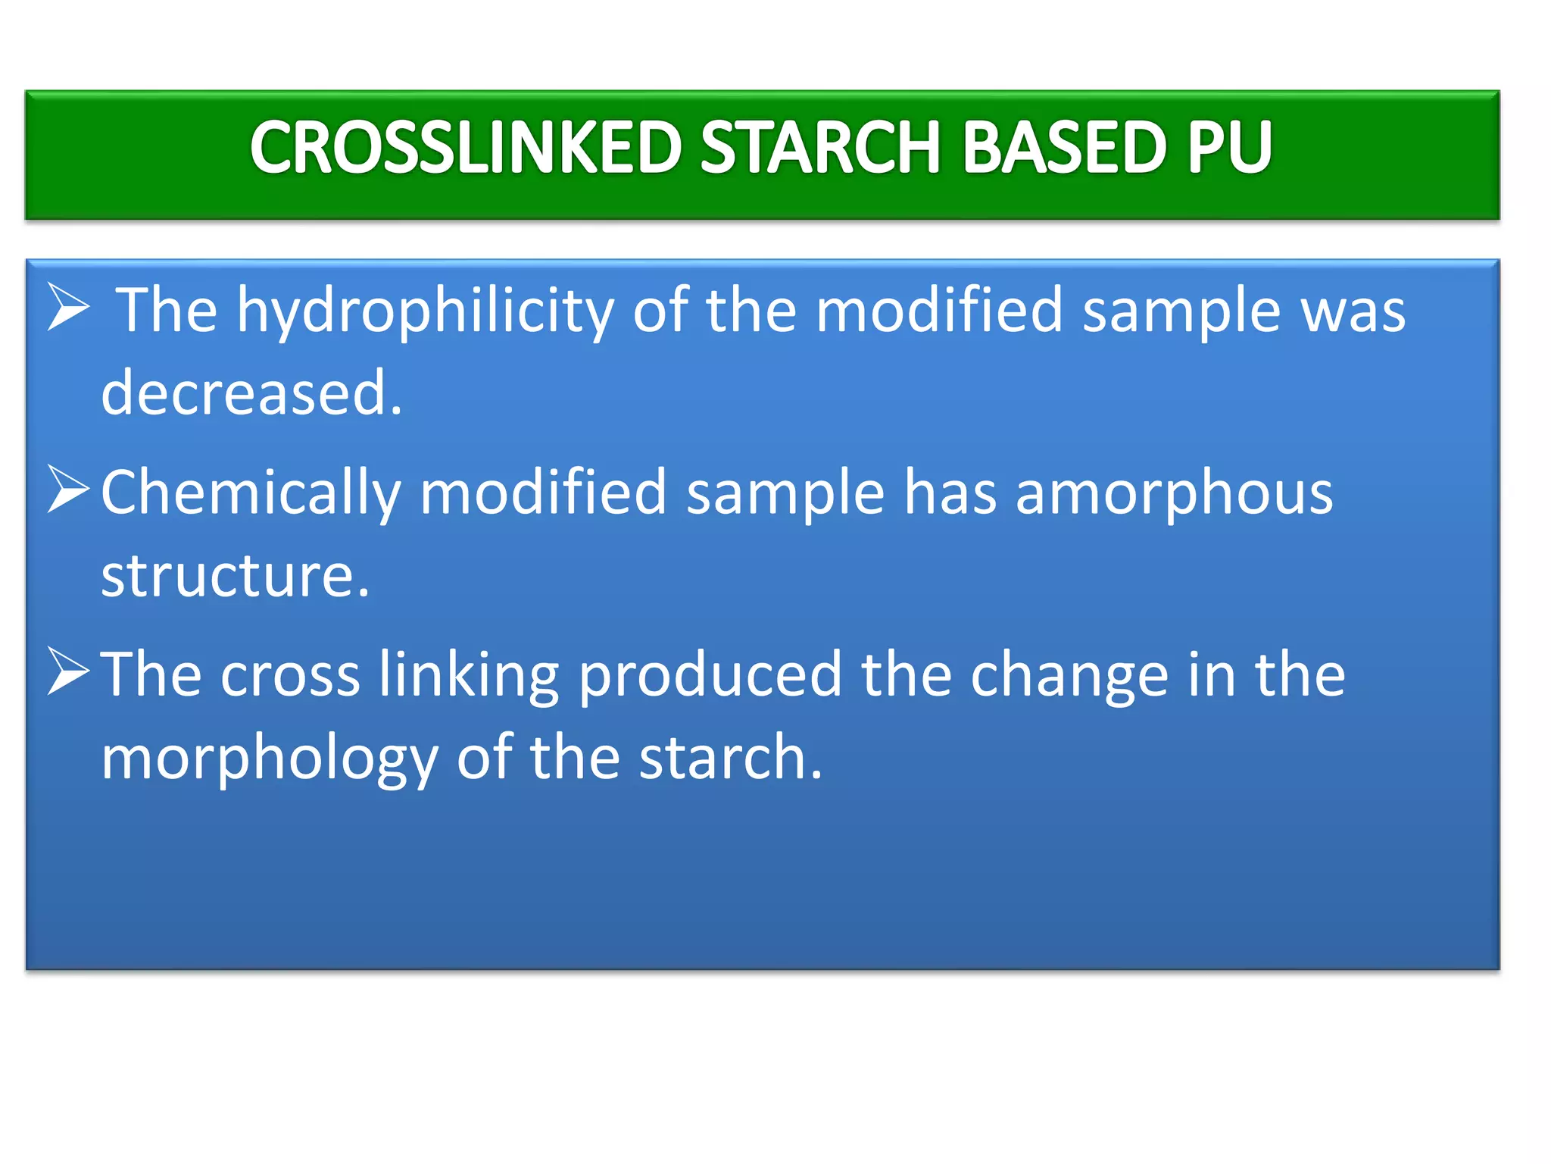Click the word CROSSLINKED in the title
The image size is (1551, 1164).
coord(466,148)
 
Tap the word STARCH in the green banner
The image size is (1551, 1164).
coord(820,148)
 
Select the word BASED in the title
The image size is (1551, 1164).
coord(1064,148)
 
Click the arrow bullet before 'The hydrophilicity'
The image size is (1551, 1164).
coord(69,307)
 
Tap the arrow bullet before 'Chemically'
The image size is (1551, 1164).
coord(69,489)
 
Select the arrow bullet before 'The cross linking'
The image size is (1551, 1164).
coord(69,671)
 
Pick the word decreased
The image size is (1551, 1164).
coord(251,393)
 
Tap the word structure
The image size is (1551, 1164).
coord(236,576)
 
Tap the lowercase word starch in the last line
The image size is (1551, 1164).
coord(730,758)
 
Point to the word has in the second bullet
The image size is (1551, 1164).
coord(950,493)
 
